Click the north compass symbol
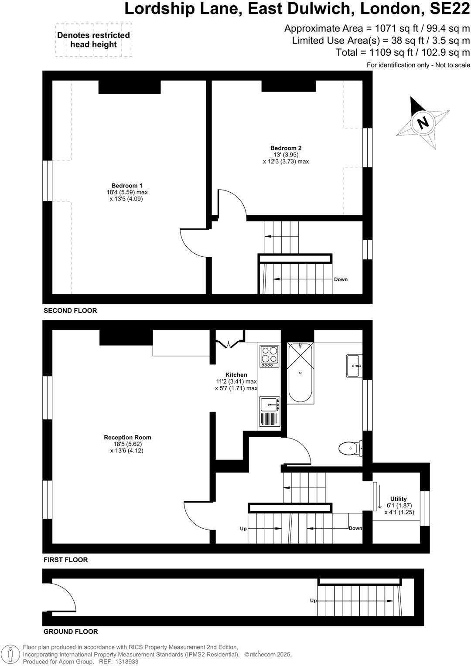422,122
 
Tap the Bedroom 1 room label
126,186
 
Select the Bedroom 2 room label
286,148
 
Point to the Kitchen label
236,375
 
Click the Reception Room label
127,438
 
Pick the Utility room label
398,499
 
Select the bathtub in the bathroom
300,373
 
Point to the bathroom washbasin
353,366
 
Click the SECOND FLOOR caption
70,311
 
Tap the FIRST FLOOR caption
65,560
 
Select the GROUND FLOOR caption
71,632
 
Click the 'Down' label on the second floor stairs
341,279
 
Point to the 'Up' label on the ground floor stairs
313,601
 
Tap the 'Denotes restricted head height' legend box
93,40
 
